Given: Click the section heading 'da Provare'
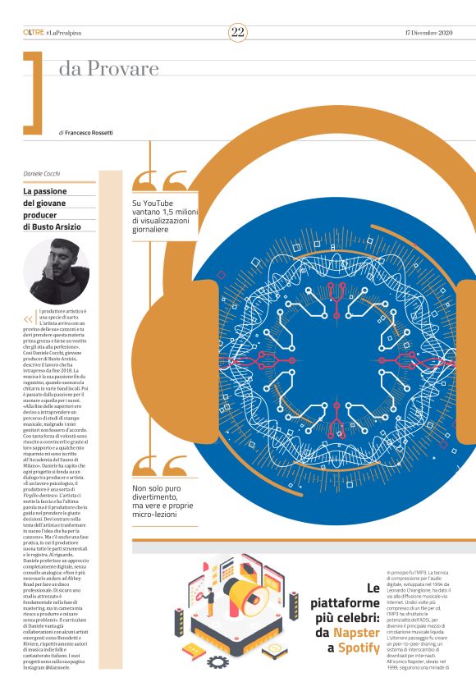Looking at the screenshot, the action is coord(108,71).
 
